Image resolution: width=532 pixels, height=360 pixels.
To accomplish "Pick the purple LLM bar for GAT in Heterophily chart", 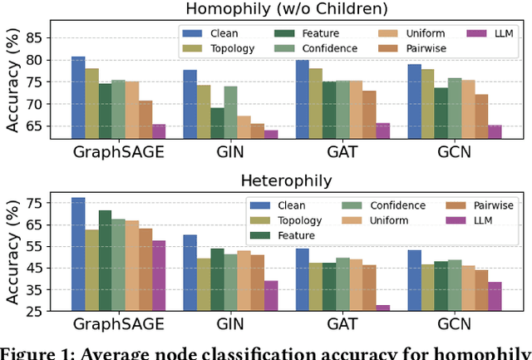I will pyautogui.click(x=382, y=308).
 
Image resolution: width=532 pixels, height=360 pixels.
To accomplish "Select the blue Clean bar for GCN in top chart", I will pyautogui.click(x=413, y=101).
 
